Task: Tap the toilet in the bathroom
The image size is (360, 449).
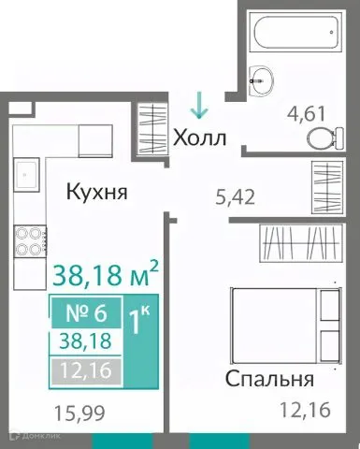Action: pyautogui.click(x=322, y=139)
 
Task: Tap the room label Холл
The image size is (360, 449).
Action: pyautogui.click(x=200, y=138)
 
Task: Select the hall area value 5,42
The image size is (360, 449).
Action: pyautogui.click(x=234, y=197)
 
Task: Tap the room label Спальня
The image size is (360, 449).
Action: pyautogui.click(x=269, y=379)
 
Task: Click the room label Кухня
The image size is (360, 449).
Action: pyautogui.click(x=96, y=194)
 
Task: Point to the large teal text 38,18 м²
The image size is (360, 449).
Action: pyautogui.click(x=105, y=274)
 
